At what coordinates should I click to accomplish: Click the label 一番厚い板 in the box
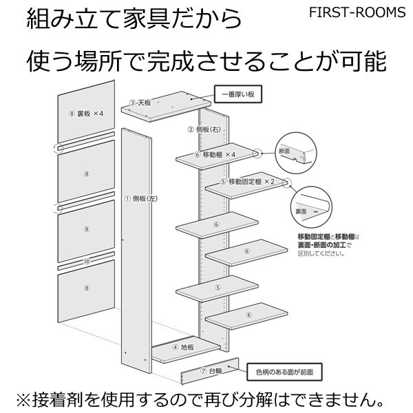237,93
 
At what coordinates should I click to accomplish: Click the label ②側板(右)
204,129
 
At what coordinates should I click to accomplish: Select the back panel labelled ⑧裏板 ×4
85,114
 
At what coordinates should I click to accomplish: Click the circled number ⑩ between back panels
86,262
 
